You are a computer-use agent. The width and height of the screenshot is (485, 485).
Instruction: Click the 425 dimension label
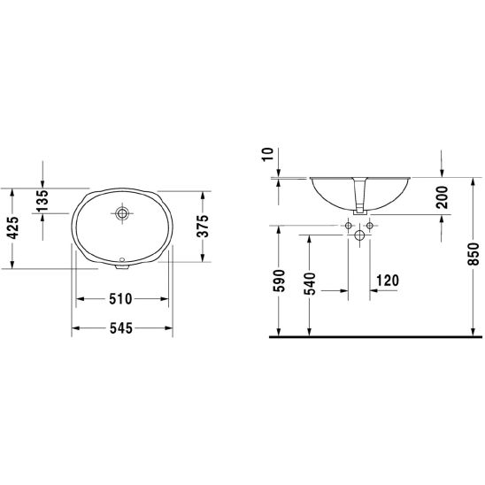coord(13,228)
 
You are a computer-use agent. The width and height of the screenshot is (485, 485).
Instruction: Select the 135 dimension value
coord(42,200)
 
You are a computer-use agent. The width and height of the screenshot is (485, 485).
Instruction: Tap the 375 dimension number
coord(203,226)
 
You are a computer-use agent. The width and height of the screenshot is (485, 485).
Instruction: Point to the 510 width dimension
coord(120,299)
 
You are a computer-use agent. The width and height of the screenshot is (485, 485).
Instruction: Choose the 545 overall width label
coord(121,328)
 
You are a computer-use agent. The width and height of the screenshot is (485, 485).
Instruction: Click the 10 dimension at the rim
coord(268,154)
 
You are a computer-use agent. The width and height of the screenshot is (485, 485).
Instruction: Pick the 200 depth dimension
coord(442,197)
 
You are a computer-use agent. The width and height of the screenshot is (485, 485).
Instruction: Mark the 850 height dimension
coord(473,254)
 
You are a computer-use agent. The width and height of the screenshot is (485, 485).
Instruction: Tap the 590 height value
coord(279,281)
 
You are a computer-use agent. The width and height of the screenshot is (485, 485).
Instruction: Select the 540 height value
coord(310,283)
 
